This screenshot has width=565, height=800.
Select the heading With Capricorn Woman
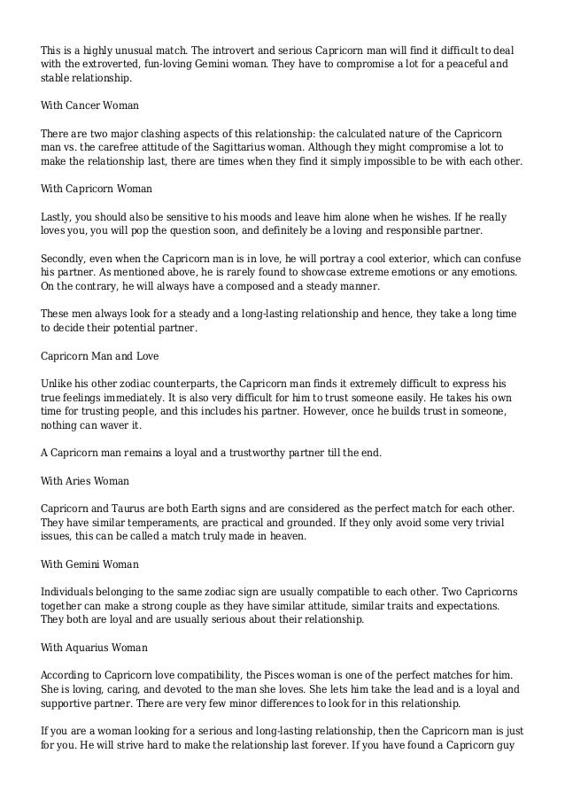[97, 189]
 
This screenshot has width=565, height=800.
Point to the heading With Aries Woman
[85, 480]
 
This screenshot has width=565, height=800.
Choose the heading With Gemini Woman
[91, 563]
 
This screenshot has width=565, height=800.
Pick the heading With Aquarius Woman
[96, 647]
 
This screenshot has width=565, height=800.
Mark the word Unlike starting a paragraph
[59, 382]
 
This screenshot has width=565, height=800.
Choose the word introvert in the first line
[249, 50]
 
